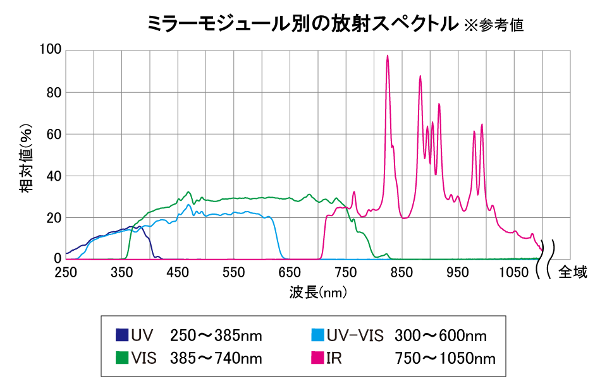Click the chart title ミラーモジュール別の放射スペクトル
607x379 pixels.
[x=302, y=24]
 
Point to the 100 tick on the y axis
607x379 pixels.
[x=50, y=51]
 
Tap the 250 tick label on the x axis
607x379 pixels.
[x=66, y=272]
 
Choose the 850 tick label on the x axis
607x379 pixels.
[x=402, y=272]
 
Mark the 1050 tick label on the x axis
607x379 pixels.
[x=514, y=272]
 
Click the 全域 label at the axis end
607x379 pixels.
[x=573, y=272]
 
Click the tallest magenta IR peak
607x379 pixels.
[x=388, y=56]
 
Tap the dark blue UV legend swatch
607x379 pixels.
[x=122, y=335]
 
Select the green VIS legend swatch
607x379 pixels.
[x=122, y=358]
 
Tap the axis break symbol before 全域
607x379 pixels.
[x=546, y=259]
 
